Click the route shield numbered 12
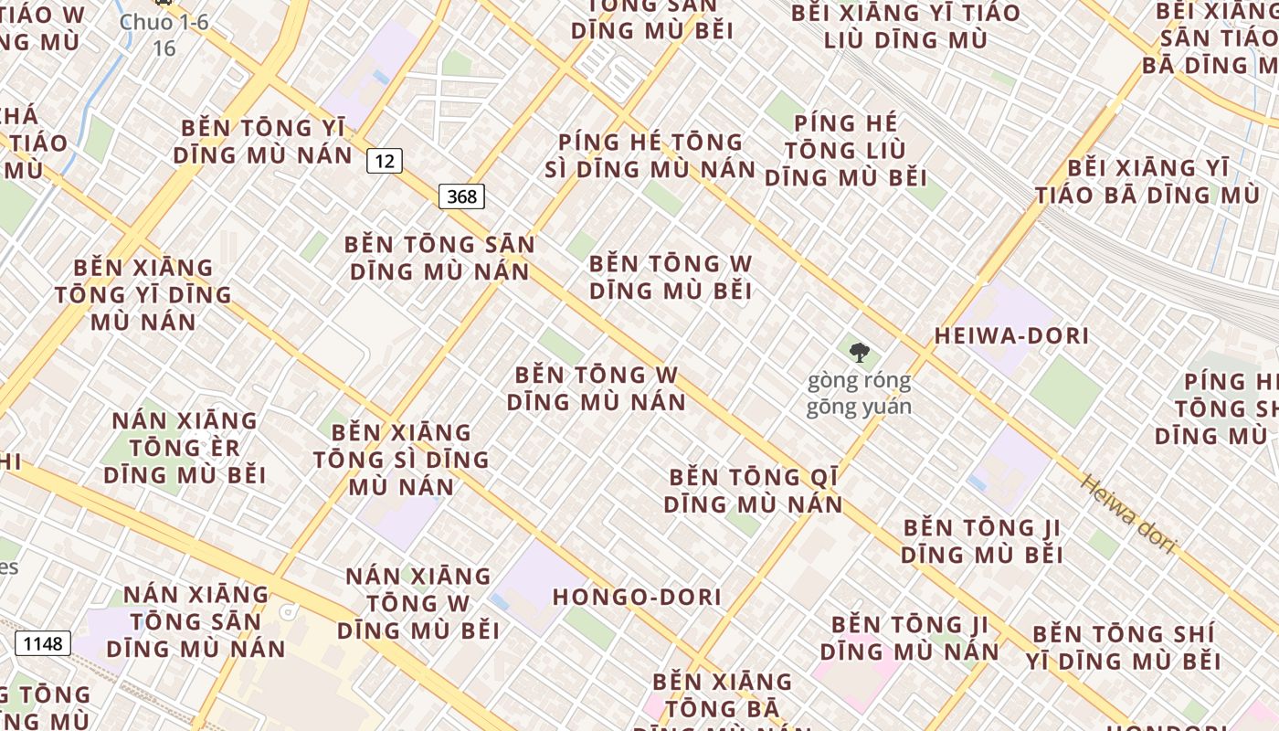tap(385, 161)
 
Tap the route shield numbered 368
tap(461, 196)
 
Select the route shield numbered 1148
tap(43, 643)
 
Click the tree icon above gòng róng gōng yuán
tap(859, 352)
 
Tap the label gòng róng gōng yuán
tap(859, 394)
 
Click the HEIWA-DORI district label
tap(1011, 336)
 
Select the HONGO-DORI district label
tap(637, 598)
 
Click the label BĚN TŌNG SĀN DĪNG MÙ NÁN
tap(439, 258)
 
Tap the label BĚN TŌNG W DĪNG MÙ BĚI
tap(671, 277)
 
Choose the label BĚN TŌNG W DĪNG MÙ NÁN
tap(597, 388)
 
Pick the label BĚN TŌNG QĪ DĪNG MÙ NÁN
tap(753, 491)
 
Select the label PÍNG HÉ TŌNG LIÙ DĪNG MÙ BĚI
tap(846, 150)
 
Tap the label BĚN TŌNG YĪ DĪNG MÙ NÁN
tap(263, 141)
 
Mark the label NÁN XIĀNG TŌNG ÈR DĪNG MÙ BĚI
tap(185, 448)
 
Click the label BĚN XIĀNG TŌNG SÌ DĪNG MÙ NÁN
tap(401, 459)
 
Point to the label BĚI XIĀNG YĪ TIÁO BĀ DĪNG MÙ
tap(1147, 181)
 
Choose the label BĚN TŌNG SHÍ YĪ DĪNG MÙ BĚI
tap(1123, 647)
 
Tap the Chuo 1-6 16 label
tap(164, 34)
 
